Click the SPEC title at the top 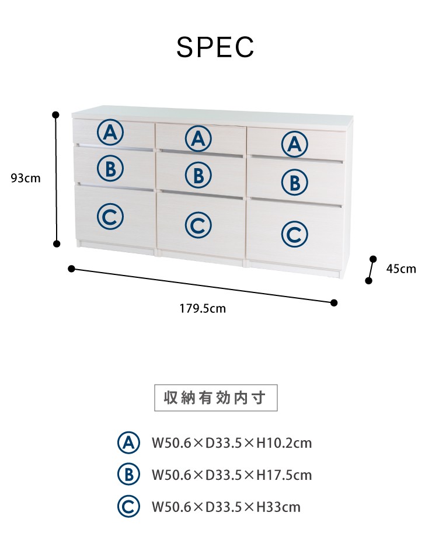click(x=215, y=47)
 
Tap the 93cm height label click(x=26, y=178)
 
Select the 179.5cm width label click(x=203, y=308)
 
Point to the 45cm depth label click(x=401, y=269)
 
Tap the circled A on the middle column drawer click(x=198, y=138)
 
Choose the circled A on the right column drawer click(x=295, y=144)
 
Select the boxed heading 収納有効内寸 click(x=215, y=398)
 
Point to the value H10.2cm click(x=284, y=443)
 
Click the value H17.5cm click(x=284, y=475)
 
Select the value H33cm click(x=278, y=507)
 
